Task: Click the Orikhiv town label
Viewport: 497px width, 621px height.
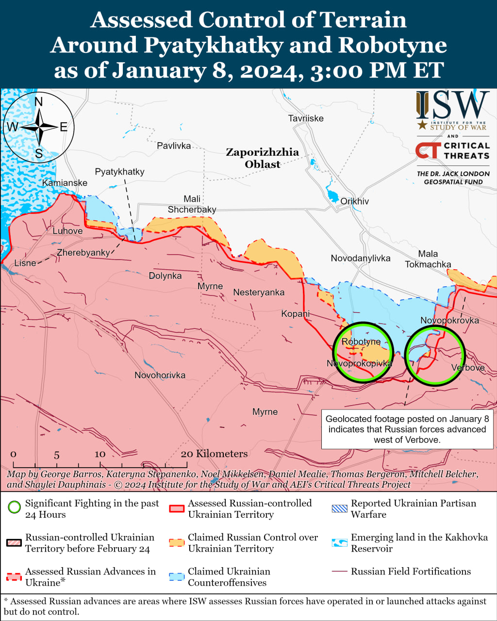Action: pos(354,201)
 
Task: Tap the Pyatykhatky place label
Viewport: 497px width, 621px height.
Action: pos(119,172)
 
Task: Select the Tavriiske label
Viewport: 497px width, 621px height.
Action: pos(305,118)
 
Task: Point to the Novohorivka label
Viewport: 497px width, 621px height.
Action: pos(160,375)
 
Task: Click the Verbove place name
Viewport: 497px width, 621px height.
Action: pos(468,368)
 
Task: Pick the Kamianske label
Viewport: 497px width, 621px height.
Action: pos(65,183)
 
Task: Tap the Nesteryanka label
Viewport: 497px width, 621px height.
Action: pos(259,293)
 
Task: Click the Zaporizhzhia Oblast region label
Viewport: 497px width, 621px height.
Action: pos(263,158)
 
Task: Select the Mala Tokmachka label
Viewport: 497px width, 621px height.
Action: pos(428,259)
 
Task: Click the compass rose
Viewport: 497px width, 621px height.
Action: pos(39,128)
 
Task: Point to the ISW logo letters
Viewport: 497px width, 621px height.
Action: pos(452,106)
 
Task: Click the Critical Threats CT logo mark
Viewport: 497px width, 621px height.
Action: pos(428,150)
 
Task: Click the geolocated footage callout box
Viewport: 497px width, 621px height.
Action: pos(407,429)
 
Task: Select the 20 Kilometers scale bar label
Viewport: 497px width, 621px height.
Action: pos(214,454)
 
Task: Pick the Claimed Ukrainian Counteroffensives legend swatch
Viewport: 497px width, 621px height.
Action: pos(177,577)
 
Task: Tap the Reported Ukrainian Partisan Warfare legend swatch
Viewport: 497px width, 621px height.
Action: pos(340,508)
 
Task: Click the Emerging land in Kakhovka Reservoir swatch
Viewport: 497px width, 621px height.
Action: pos(340,543)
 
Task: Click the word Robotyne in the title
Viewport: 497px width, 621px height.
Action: pos(392,45)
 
